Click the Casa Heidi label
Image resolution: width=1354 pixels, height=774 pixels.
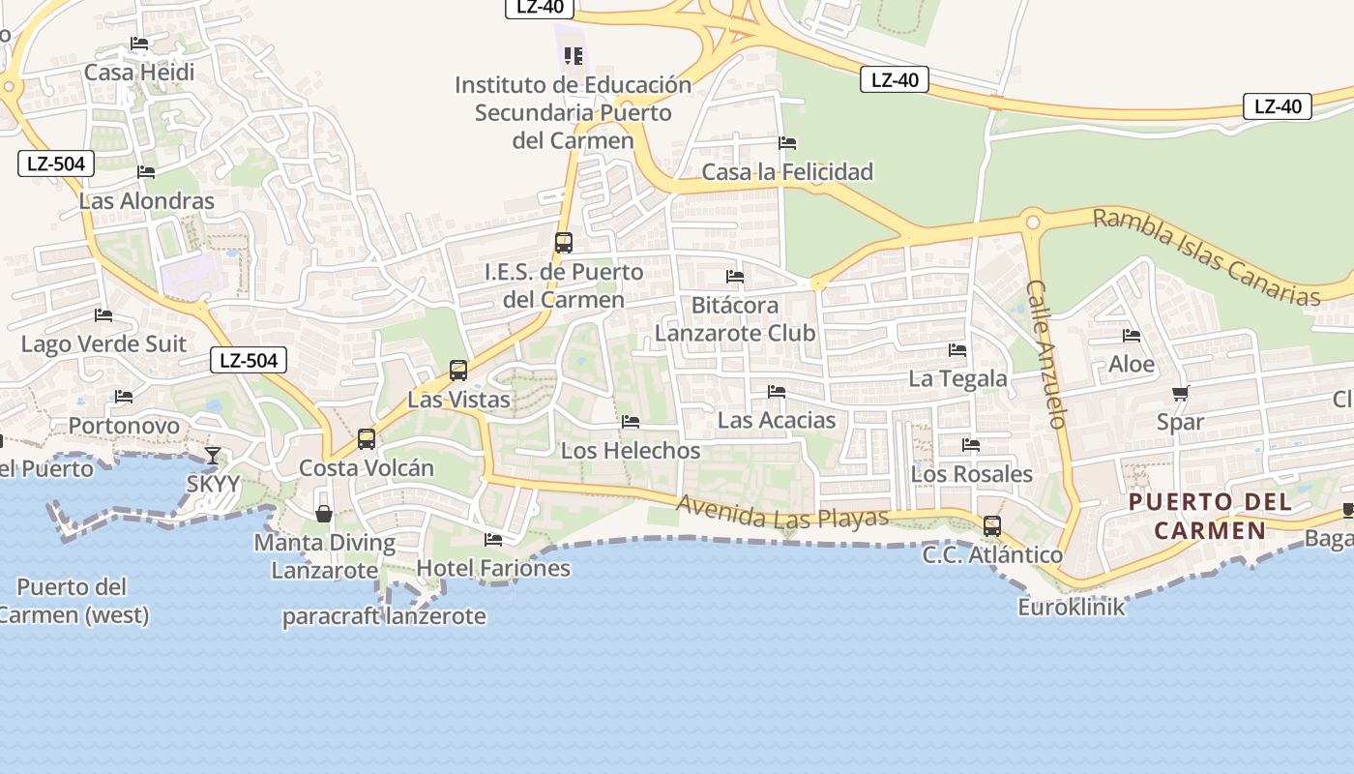(139, 73)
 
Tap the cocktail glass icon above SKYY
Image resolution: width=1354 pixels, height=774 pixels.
(213, 455)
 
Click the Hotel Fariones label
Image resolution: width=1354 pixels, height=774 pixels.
(493, 568)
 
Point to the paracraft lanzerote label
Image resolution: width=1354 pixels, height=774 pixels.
(384, 616)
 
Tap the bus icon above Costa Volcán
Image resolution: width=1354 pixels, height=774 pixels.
(367, 439)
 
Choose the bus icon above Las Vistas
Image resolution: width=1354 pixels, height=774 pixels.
(458, 371)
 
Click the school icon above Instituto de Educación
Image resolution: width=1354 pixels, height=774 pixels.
(574, 56)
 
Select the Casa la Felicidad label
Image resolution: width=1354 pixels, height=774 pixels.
(787, 172)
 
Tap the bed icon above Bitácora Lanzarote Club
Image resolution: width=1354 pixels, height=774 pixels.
(735, 277)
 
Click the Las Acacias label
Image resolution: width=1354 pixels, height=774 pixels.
(777, 420)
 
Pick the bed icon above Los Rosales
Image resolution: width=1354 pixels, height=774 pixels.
(971, 445)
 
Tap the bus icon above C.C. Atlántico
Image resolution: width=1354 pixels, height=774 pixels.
(992, 526)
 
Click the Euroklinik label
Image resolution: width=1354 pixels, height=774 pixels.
(1072, 608)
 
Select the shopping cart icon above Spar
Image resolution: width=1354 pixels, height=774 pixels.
(1180, 394)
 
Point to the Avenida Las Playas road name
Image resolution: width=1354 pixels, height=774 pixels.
(781, 512)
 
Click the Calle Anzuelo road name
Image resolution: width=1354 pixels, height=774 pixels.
(1046, 354)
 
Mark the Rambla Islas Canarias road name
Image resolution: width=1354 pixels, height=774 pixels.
(1206, 256)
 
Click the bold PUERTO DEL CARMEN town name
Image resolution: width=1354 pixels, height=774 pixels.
(1210, 516)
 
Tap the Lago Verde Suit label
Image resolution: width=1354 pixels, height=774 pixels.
(103, 344)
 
